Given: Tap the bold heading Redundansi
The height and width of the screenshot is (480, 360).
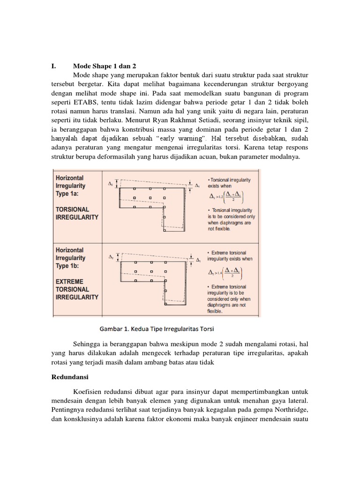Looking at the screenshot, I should point(70,377).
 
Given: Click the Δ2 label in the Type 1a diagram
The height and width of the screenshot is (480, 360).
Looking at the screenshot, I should point(110,184).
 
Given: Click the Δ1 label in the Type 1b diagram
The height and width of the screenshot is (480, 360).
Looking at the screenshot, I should point(199,259).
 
